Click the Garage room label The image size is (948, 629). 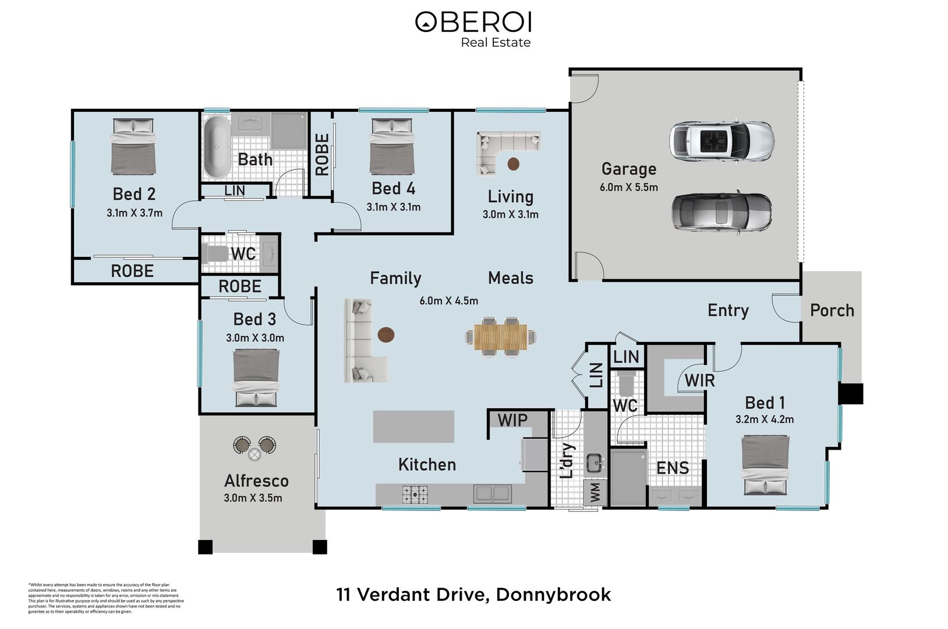[x=628, y=169]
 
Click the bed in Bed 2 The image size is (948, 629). [x=134, y=146]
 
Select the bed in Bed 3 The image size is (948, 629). [x=256, y=377]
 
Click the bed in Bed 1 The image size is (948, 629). [x=765, y=465]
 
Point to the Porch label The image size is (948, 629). [x=832, y=310]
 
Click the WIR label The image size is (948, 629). [x=699, y=380]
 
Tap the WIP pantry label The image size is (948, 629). [x=512, y=419]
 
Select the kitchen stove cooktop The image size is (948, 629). [x=414, y=494]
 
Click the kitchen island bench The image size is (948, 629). [x=413, y=427]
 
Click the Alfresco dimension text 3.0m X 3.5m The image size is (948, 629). [x=253, y=498]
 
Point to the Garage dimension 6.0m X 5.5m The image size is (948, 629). [x=628, y=188]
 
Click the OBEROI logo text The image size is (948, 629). [x=473, y=22]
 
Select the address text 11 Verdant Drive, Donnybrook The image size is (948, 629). [x=473, y=595]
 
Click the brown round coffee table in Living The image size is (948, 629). [x=514, y=164]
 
